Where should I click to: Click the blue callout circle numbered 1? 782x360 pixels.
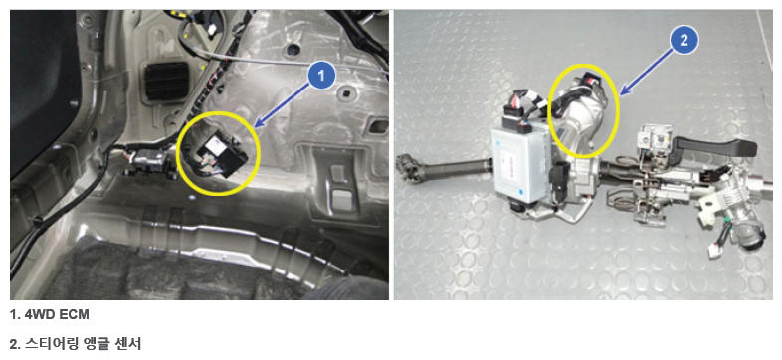(x=321, y=76)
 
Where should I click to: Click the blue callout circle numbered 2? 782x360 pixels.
(x=684, y=41)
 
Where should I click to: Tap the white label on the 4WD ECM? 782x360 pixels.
(x=216, y=147)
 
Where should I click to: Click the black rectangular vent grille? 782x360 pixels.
(x=166, y=82)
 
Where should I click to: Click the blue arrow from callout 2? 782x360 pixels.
(x=647, y=70)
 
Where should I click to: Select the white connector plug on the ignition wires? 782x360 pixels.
(x=716, y=250)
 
